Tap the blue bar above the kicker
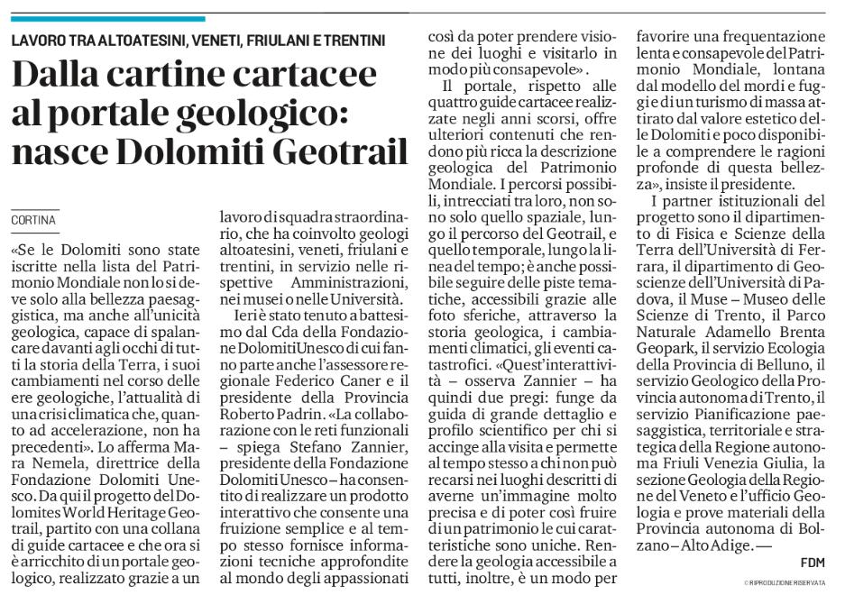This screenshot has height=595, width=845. [x=108, y=18]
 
